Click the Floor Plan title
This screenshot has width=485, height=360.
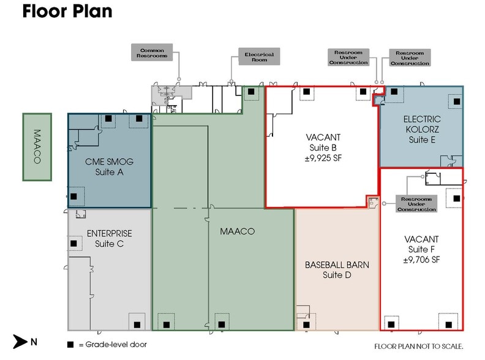point(67,12)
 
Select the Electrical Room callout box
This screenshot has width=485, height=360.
point(259,57)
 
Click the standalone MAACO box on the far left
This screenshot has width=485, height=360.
point(36,146)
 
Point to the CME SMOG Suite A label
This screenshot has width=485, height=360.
point(109,167)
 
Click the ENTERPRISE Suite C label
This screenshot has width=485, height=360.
point(109,239)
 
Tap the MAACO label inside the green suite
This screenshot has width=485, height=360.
point(237,231)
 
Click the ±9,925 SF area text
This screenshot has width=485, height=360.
point(322,158)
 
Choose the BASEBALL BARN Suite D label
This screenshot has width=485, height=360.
point(336,270)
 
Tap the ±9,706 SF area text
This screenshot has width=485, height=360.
point(422,260)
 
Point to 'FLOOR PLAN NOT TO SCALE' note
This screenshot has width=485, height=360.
point(418,346)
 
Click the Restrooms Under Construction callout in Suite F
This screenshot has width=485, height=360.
point(417,204)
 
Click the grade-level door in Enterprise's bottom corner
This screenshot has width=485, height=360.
point(137,324)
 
